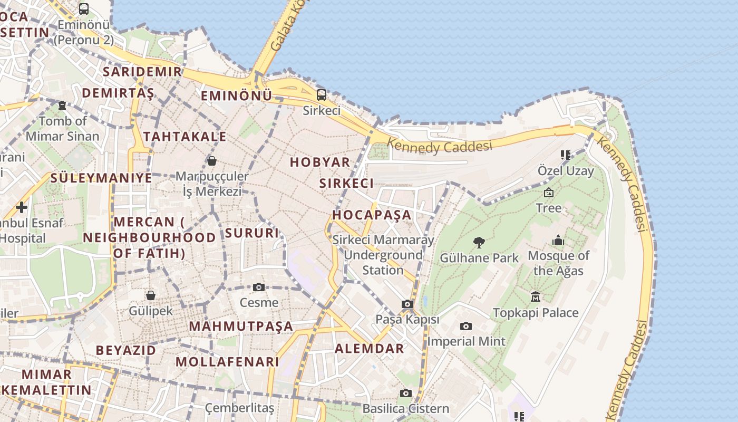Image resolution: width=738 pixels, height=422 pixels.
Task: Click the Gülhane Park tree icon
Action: pyautogui.click(x=479, y=243)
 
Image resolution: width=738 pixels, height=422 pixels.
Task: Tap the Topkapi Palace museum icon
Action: pyautogui.click(x=536, y=297)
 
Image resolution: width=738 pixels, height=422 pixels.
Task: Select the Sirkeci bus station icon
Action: pyautogui.click(x=321, y=95)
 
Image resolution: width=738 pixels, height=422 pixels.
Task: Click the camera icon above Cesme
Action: pyautogui.click(x=259, y=287)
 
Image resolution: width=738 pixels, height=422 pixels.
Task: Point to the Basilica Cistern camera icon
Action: pyautogui.click(x=405, y=393)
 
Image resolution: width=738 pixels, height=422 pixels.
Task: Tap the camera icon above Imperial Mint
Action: pyautogui.click(x=466, y=326)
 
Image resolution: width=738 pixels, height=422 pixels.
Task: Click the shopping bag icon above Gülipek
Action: pyautogui.click(x=151, y=295)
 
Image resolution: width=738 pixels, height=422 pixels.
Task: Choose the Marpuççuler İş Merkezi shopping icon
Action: pyautogui.click(x=211, y=161)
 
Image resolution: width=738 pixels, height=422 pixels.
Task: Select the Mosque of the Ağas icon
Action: pyautogui.click(x=558, y=241)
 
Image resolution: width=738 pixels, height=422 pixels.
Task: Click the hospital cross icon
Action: pyautogui.click(x=22, y=207)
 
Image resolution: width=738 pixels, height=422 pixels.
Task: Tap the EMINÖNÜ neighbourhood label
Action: pyautogui.click(x=237, y=96)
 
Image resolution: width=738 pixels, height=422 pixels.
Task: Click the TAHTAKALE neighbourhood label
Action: pyautogui.click(x=185, y=137)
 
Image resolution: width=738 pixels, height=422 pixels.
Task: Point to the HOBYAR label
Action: pyautogui.click(x=320, y=162)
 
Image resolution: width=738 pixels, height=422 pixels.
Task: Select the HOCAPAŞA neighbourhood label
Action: pyautogui.click(x=372, y=215)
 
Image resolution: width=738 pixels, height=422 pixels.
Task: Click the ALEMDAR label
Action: pyautogui.click(x=370, y=349)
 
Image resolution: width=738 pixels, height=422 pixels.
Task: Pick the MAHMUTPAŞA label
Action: pyautogui.click(x=241, y=327)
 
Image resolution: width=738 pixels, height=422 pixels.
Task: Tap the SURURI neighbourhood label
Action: pyautogui.click(x=251, y=233)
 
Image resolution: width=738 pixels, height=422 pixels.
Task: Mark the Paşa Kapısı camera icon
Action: pyautogui.click(x=407, y=304)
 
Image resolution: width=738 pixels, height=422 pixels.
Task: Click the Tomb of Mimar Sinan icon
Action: pyautogui.click(x=62, y=105)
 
